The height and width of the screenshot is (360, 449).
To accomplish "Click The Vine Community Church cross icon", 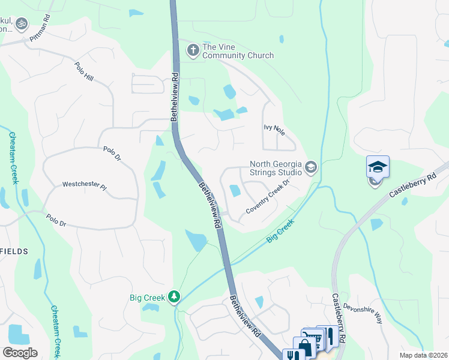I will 193,49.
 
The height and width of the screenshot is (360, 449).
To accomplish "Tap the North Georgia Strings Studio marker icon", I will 311,167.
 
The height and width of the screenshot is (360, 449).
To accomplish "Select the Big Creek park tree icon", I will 174,296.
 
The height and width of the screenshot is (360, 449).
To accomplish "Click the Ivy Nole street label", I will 274,128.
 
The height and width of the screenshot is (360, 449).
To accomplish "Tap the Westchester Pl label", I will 84,186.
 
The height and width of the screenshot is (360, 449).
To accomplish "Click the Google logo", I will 20,353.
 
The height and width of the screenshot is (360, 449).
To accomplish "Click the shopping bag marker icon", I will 304,347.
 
